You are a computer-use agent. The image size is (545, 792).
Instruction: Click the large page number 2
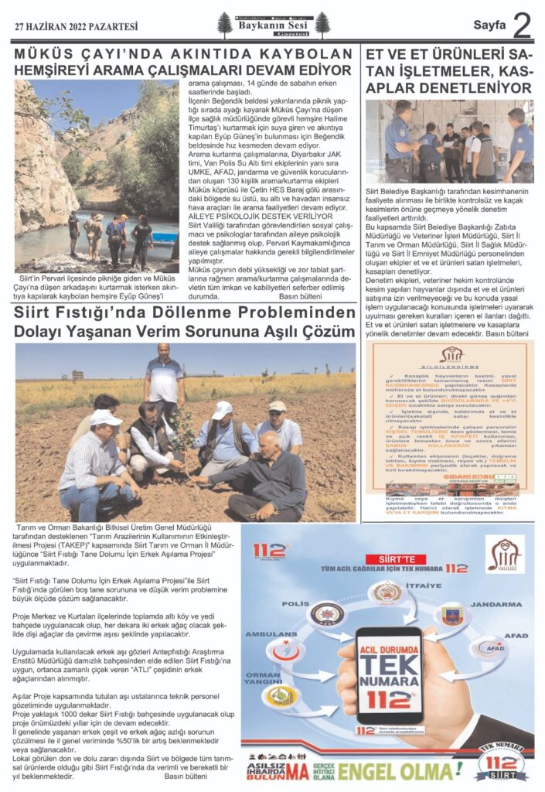click(522, 26)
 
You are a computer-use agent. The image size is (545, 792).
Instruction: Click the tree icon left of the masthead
click(225, 26)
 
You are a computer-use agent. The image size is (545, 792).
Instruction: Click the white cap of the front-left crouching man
click(104, 418)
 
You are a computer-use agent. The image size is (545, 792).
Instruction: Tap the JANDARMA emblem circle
click(451, 616)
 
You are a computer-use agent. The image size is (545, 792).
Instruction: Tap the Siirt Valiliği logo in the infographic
click(504, 554)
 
